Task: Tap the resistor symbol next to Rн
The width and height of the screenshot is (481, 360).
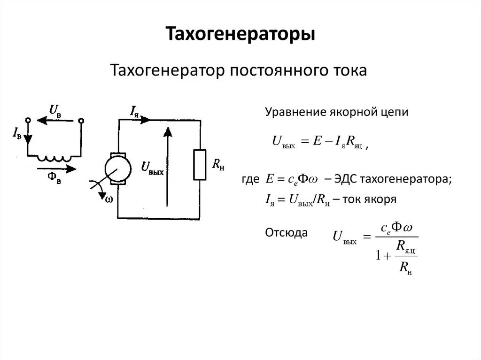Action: pyautogui.click(x=200, y=164)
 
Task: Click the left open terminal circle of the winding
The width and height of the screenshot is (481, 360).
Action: pyautogui.click(x=27, y=120)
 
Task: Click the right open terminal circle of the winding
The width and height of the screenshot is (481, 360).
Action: pyautogui.click(x=81, y=121)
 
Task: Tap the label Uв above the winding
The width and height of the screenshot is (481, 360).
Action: pyautogui.click(x=55, y=111)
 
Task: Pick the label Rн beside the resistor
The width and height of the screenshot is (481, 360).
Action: pyautogui.click(x=217, y=164)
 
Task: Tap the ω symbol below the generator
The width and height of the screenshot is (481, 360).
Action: pyautogui.click(x=109, y=199)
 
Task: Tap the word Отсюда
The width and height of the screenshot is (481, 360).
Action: pyautogui.click(x=287, y=232)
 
